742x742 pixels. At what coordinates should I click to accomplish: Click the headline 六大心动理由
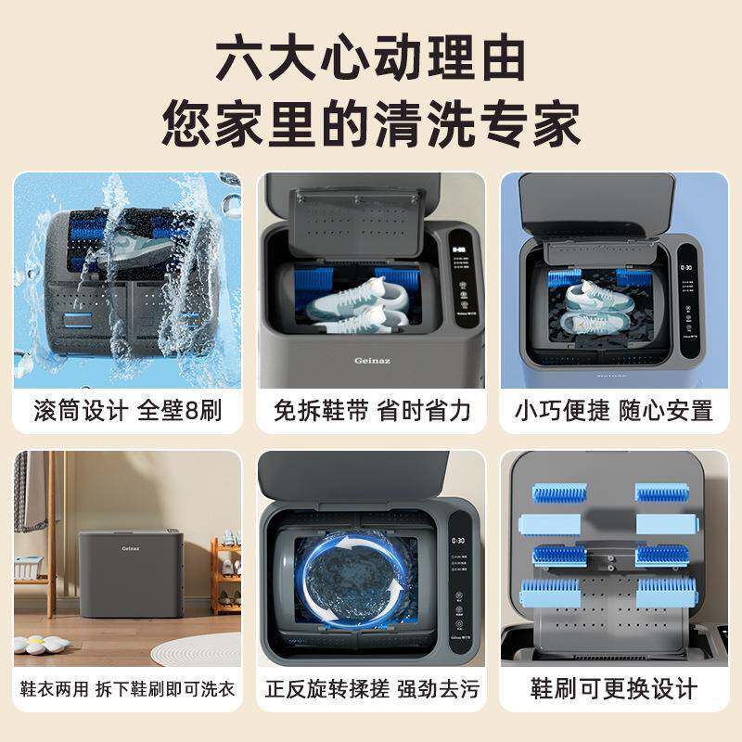[x=371, y=58]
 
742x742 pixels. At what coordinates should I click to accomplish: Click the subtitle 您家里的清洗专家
[x=371, y=122]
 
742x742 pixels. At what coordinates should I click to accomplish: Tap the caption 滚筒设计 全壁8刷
[x=128, y=410]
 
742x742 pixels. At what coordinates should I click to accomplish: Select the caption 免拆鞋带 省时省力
[x=371, y=410]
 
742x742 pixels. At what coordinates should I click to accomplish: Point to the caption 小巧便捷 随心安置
[x=614, y=410]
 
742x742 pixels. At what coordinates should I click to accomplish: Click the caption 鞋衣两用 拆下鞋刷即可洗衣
[x=128, y=690]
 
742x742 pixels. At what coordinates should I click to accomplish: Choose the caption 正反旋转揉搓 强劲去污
[x=371, y=690]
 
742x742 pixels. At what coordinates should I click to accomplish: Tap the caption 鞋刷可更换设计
[x=614, y=690]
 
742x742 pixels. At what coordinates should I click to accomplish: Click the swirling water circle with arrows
[x=354, y=578]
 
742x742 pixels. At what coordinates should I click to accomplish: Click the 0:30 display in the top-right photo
[x=687, y=267]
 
